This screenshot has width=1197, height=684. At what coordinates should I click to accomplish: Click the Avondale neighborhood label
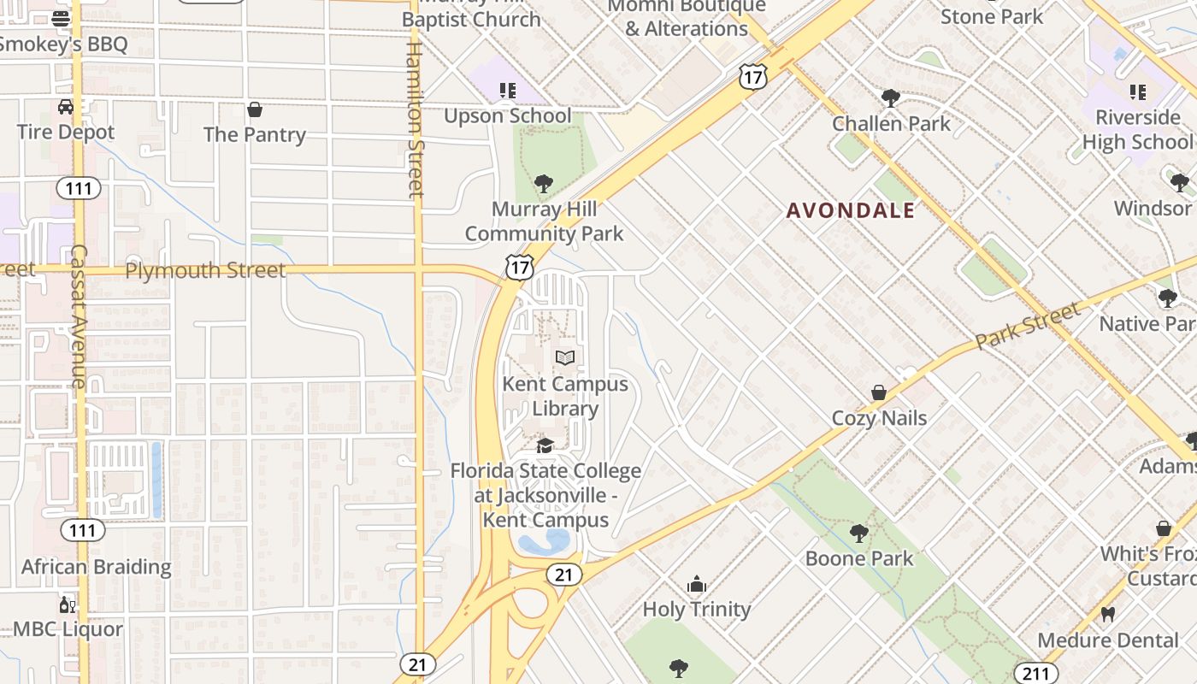851,210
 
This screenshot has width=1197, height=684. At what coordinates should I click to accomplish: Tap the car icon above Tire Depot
66,107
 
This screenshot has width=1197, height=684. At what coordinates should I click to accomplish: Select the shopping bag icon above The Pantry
254,109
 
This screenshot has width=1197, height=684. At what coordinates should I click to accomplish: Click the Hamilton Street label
415,120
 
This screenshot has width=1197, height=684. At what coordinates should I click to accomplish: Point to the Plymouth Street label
205,270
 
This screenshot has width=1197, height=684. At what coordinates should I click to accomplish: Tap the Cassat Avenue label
79,316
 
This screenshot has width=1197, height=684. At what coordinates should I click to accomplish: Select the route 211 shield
1035,674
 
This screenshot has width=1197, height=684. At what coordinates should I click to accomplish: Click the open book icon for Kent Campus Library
564,358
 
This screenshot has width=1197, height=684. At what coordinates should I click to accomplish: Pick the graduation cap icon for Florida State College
545,445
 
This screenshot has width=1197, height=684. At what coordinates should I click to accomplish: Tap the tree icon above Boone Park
859,534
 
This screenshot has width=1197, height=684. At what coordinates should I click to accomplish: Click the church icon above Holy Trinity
697,585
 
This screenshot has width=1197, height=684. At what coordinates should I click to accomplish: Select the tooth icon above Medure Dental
1107,614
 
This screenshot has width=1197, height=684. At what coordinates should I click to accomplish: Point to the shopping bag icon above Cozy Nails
878,392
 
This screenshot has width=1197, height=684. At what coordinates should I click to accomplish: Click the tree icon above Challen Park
890,98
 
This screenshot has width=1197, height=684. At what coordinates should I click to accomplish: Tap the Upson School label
507,115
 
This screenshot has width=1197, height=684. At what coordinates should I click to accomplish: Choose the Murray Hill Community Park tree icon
543,183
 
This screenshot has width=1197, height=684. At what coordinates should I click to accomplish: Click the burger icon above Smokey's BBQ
61,18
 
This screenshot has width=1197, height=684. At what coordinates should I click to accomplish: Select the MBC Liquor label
68,629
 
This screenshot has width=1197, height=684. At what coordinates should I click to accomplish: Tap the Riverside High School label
1136,129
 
